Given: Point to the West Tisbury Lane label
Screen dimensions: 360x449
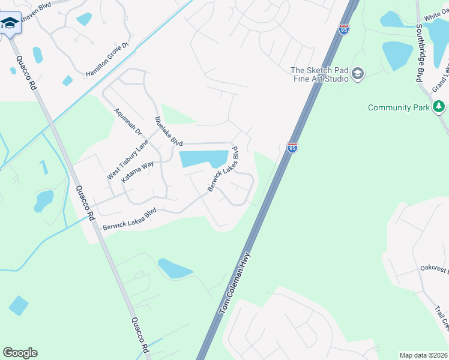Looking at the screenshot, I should pos(128,160).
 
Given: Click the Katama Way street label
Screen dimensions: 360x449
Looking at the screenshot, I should pos(137,172).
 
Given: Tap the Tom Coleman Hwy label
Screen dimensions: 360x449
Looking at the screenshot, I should pos(235,282).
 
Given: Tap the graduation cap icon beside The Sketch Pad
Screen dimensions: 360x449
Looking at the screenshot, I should pos(358,74).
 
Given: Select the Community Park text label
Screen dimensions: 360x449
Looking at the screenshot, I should pos(399,107).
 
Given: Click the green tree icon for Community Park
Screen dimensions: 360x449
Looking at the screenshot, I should pos(439,107).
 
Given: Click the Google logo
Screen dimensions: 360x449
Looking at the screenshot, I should pos(20,353).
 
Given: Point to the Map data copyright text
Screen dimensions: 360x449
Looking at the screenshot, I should pos(424,355).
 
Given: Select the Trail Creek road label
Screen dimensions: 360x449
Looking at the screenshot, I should pos(441,319).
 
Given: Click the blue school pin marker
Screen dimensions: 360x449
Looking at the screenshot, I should pos(9,25).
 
